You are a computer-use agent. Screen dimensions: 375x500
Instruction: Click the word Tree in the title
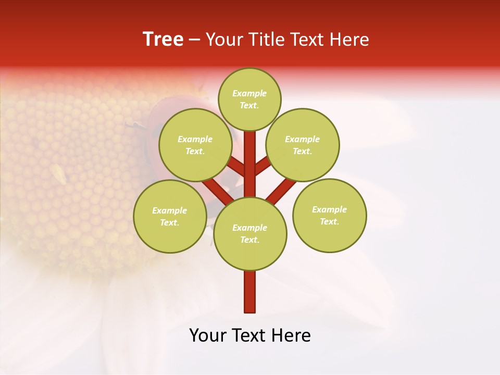163,39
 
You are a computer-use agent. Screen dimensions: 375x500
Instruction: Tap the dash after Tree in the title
195,40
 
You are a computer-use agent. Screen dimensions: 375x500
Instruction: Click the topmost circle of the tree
249,99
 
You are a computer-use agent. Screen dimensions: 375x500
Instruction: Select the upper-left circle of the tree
195,145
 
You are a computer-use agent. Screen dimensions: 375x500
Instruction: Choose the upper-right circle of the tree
302,145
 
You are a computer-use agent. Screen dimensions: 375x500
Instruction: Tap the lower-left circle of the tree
170,216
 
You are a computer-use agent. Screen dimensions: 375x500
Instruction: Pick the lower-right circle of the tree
329,215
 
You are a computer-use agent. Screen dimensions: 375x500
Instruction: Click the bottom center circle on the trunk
250,233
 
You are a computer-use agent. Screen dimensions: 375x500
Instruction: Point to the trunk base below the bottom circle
250,292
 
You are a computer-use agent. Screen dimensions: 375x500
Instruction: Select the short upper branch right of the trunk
262,167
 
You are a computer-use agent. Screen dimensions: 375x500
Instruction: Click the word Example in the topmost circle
249,93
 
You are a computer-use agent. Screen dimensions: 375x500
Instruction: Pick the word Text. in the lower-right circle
329,221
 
